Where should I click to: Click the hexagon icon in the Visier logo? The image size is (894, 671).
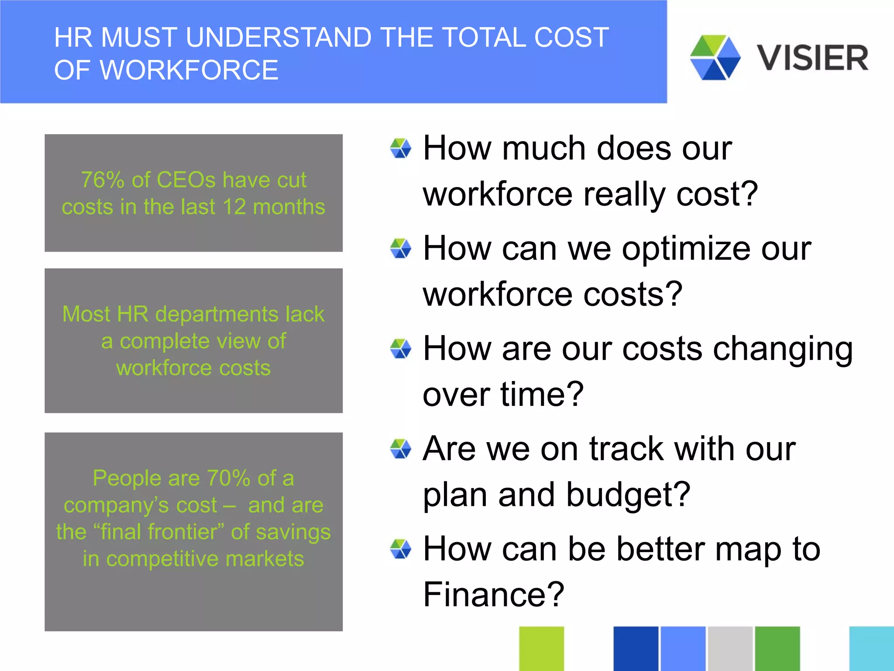(x=715, y=57)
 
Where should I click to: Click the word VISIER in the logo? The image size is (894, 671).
(x=812, y=58)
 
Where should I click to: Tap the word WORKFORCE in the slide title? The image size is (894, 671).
(x=191, y=70)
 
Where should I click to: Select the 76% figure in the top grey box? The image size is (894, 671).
(x=103, y=180)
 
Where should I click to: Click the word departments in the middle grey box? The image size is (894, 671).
(x=223, y=314)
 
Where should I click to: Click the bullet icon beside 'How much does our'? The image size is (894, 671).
(x=400, y=149)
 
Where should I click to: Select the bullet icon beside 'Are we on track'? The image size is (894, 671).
(x=400, y=449)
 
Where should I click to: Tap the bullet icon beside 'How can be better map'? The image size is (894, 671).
(x=400, y=549)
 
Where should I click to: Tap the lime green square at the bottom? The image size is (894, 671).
(x=541, y=648)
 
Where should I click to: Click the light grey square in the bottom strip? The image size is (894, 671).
(x=730, y=648)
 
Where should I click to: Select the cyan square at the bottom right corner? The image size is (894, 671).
(x=871, y=648)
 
